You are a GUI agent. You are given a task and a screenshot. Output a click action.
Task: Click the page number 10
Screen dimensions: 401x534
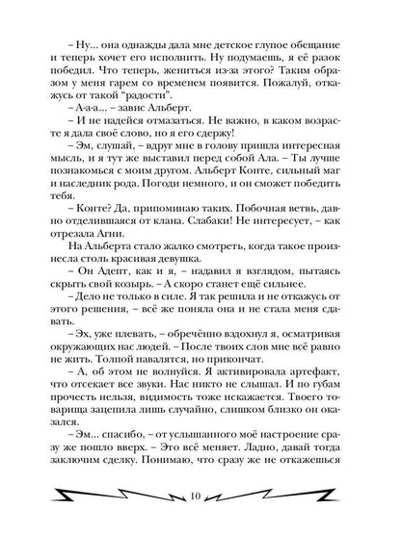pos(200,496)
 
